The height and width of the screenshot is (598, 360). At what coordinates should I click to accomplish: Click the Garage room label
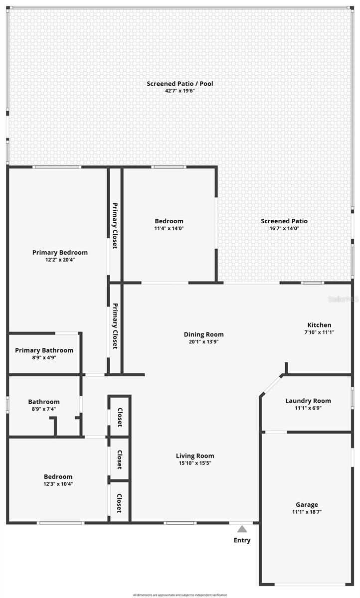[x=307, y=505]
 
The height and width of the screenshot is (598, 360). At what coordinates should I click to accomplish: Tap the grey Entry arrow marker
[x=242, y=529]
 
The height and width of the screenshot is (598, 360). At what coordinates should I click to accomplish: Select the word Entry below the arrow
[x=242, y=540]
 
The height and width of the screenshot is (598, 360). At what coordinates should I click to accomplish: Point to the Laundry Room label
[x=308, y=401]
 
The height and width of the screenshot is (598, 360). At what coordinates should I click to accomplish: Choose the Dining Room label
[x=203, y=334]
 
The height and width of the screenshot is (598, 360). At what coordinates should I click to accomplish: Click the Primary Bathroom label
[x=44, y=350]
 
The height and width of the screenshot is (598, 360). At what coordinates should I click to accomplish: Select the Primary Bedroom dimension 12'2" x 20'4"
[x=60, y=260]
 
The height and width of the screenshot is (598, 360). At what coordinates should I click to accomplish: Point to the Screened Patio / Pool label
[x=180, y=84]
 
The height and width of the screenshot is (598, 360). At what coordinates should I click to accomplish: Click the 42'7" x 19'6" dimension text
[x=180, y=91]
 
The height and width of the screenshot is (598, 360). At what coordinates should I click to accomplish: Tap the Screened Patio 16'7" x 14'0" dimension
[x=284, y=228]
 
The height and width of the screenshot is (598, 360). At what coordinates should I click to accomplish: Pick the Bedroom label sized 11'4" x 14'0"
[x=169, y=221]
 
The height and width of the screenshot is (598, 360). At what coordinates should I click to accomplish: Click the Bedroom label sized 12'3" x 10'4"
[x=58, y=476]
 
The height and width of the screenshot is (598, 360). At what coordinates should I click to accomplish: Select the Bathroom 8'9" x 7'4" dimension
[x=44, y=409]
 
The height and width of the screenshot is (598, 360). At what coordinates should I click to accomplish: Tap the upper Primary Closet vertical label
[x=115, y=225]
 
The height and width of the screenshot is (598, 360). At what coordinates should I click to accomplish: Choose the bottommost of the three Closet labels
[x=120, y=503]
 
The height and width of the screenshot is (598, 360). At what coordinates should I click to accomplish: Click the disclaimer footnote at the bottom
[x=180, y=595]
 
